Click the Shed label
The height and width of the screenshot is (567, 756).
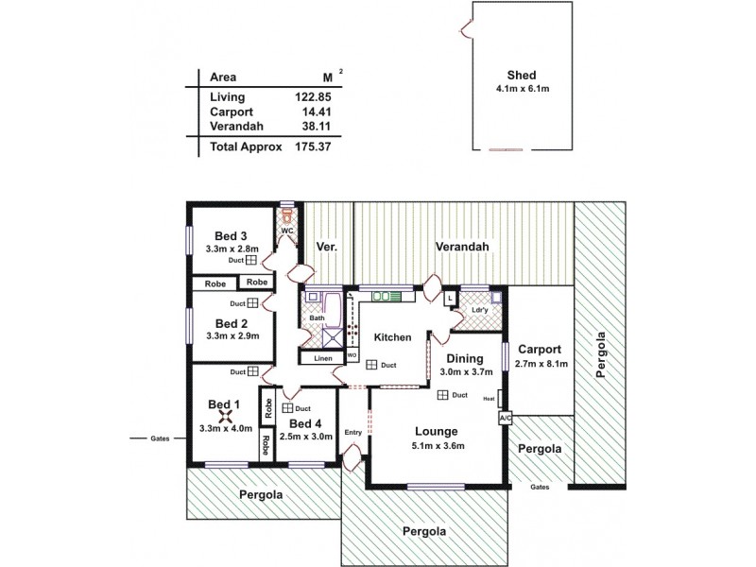click(x=522, y=77)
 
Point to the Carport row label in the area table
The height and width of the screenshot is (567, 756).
click(x=232, y=111)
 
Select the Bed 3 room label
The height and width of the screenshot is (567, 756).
click(x=231, y=235)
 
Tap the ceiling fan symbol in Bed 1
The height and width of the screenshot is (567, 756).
click(x=226, y=413)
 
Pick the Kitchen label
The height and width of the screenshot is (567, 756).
click(x=391, y=337)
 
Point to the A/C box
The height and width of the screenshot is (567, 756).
click(x=505, y=418)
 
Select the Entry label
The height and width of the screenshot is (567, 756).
click(x=353, y=433)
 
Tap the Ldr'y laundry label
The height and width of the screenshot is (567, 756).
click(x=479, y=311)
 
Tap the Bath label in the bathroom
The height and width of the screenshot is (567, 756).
click(x=317, y=318)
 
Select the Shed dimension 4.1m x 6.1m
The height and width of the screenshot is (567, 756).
click(x=522, y=90)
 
